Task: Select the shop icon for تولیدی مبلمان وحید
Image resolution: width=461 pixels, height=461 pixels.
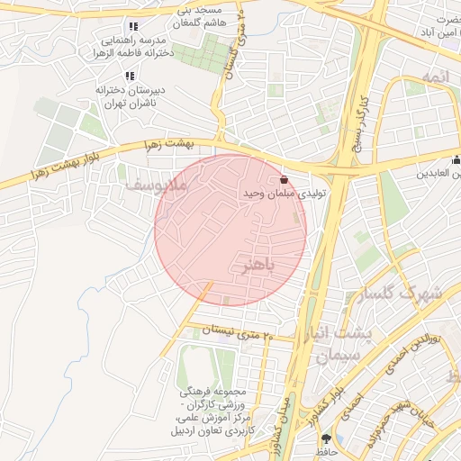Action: (x=285, y=178)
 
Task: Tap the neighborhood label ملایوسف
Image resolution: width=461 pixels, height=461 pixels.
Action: (x=155, y=185)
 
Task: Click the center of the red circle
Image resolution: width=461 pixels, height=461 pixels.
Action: (x=230, y=230)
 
